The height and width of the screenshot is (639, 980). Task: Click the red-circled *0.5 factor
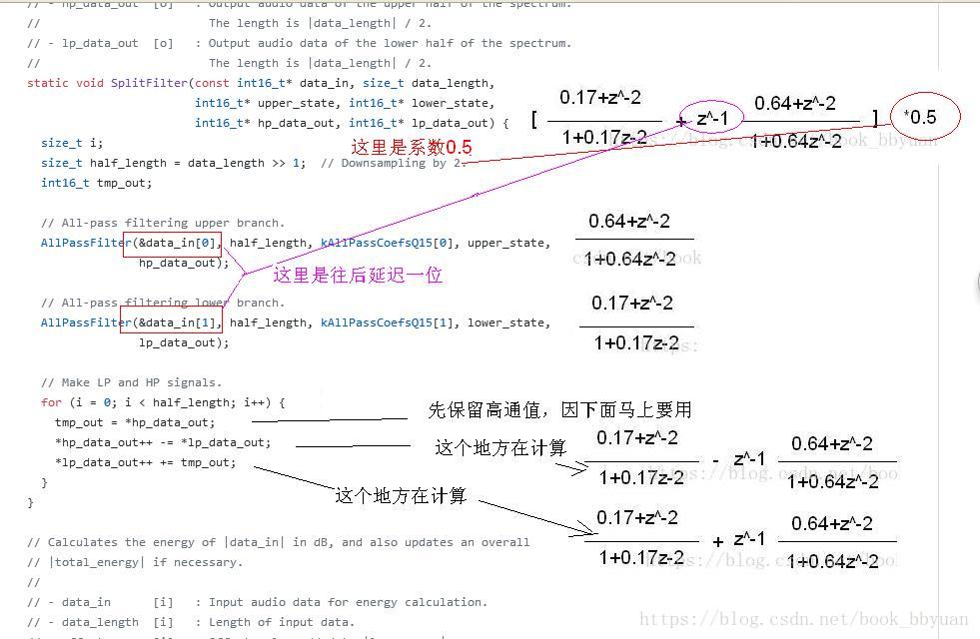pyautogui.click(x=919, y=118)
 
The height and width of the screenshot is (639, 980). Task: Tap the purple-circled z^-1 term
pyautogui.click(x=712, y=119)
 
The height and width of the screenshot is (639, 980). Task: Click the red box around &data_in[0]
pyautogui.click(x=172, y=243)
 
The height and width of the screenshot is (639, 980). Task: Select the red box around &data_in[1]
pyautogui.click(x=172, y=322)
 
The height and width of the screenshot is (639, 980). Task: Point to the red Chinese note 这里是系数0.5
pyautogui.click(x=411, y=147)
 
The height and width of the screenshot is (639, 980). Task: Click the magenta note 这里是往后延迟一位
pyautogui.click(x=358, y=275)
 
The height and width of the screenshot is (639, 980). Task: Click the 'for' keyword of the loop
pyautogui.click(x=51, y=402)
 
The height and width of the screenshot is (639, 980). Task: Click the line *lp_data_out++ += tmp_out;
pyautogui.click(x=145, y=462)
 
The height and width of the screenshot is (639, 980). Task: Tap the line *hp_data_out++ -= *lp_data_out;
pyautogui.click(x=162, y=442)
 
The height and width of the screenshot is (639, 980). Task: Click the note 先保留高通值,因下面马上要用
pyautogui.click(x=559, y=410)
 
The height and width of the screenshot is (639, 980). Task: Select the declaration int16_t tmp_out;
pyautogui.click(x=96, y=183)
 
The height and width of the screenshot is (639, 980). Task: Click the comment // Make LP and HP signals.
pyautogui.click(x=131, y=382)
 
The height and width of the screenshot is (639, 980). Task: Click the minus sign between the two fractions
pyautogui.click(x=715, y=460)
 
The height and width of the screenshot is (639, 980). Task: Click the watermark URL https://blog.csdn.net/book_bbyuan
pyautogui.click(x=803, y=620)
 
